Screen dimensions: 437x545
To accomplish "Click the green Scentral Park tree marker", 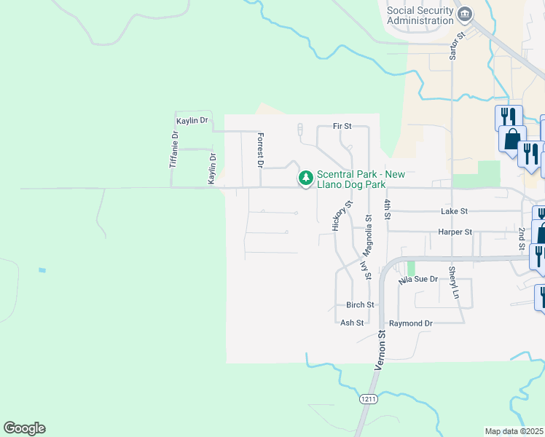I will (306, 178).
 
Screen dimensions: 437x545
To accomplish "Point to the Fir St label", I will (342, 126).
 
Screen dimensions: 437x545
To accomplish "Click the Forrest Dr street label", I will (259, 149).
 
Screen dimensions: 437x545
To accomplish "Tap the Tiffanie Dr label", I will (173, 150).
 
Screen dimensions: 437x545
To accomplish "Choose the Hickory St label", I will (337, 216).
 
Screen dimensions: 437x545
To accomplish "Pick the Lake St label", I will (454, 210).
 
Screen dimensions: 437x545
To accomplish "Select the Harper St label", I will (455, 232).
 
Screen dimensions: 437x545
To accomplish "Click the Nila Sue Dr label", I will (418, 279).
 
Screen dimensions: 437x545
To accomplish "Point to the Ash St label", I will (352, 323).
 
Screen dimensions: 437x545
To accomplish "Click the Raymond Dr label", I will (411, 323).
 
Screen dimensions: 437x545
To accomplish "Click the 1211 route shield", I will (367, 399).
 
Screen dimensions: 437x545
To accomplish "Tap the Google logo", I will (24, 428).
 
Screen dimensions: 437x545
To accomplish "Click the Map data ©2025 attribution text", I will (514, 431).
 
